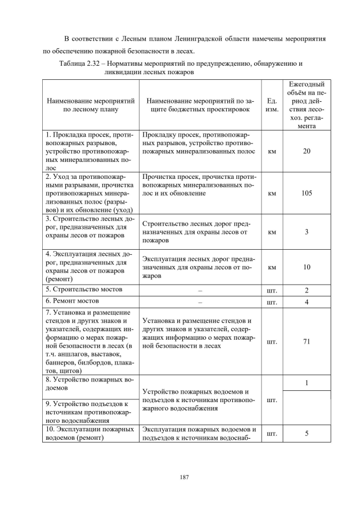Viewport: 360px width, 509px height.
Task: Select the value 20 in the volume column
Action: (x=307, y=151)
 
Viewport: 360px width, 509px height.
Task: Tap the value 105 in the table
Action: (x=307, y=193)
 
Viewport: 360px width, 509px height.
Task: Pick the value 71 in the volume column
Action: (x=307, y=341)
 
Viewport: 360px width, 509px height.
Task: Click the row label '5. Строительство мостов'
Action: (x=84, y=290)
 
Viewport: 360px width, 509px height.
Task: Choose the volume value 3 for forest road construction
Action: (x=307, y=231)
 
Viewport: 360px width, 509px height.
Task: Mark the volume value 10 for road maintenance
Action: (x=307, y=267)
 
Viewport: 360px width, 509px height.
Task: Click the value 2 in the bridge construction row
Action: (x=307, y=290)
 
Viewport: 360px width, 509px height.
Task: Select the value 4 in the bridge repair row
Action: (x=307, y=302)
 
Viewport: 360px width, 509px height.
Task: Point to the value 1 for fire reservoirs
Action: (x=307, y=383)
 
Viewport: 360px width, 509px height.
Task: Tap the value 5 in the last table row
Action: (x=307, y=434)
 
